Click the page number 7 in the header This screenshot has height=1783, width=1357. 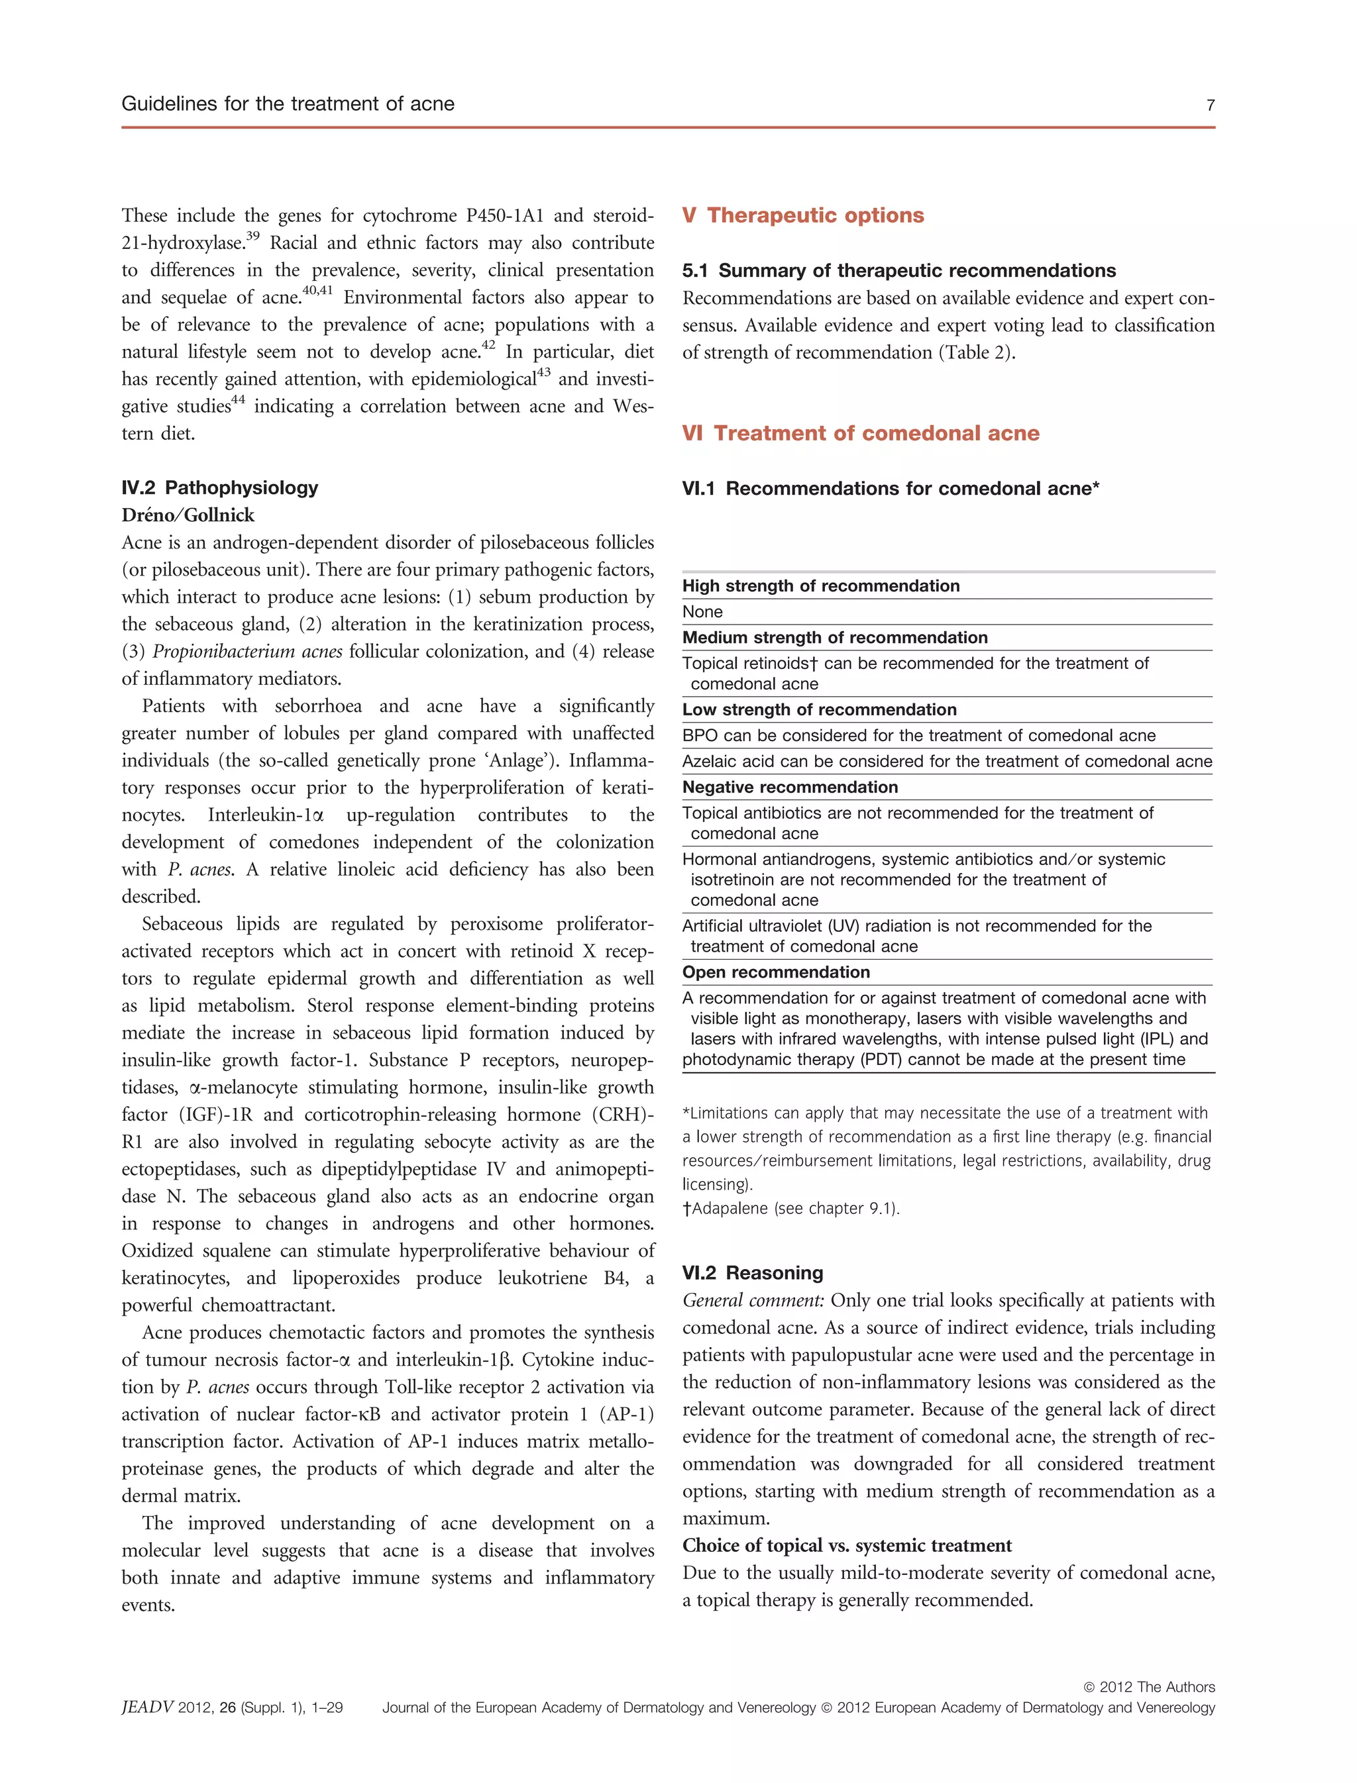click(x=1210, y=105)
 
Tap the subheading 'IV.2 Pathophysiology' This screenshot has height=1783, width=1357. click(x=220, y=487)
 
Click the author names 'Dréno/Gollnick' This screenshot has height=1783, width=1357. click(x=188, y=515)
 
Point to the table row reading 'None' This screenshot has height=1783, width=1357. click(x=703, y=611)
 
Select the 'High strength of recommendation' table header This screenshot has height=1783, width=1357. click(x=821, y=586)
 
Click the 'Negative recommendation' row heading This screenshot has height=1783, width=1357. click(x=789, y=787)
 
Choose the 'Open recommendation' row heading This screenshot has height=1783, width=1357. click(x=775, y=972)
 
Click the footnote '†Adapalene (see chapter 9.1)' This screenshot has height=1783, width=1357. click(x=790, y=1208)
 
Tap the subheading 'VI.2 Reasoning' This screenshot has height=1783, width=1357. click(x=752, y=1272)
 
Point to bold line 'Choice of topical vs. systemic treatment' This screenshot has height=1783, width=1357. click(x=847, y=1545)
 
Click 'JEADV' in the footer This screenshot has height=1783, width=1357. click(x=147, y=1707)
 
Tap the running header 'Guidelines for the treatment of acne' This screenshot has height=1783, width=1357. click(x=288, y=103)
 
